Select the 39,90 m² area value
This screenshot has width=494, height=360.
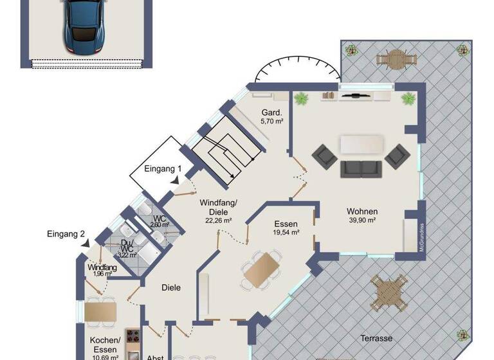click(362, 221)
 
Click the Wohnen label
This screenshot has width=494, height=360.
click(362, 212)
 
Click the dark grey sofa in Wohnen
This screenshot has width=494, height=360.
click(361, 168)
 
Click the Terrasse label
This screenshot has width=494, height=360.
click(377, 338)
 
